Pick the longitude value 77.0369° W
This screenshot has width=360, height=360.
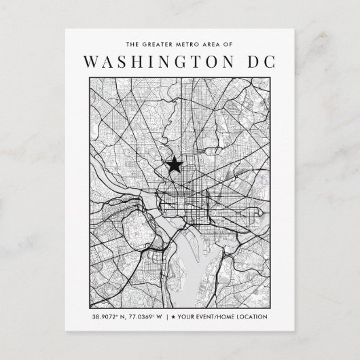(x=147, y=317)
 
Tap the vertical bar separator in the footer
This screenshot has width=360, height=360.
(x=170, y=317)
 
